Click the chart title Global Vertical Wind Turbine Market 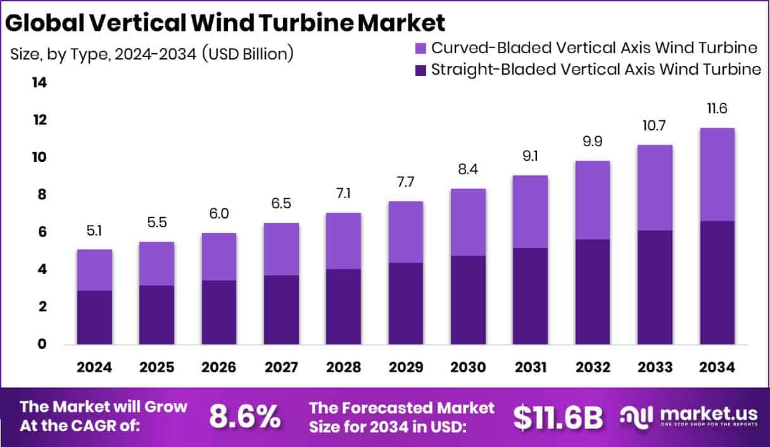225,23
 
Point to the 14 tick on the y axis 39,83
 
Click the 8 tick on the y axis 42,195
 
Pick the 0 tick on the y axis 42,344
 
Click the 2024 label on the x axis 94,368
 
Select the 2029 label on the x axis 405,368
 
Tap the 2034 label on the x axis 717,368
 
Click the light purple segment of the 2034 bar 717,174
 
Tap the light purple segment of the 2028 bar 343,241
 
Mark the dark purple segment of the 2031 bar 530,296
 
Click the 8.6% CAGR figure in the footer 244,417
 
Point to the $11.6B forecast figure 558,417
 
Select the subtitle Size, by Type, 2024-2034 151,54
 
